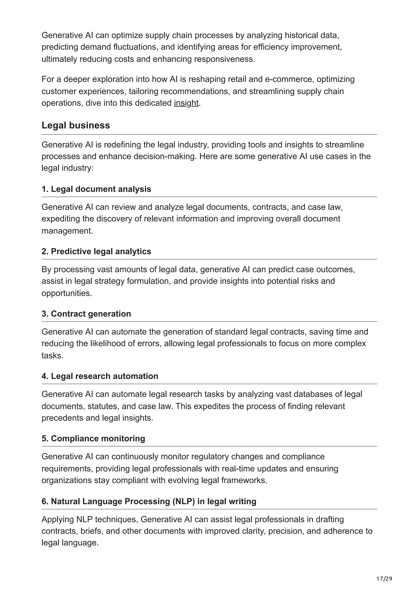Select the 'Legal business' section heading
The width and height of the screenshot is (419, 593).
pos(76,125)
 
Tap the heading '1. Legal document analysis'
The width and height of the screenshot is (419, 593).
pos(96,189)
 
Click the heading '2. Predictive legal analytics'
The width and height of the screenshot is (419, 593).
pos(96,251)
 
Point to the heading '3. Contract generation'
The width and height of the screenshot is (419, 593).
pos(86,314)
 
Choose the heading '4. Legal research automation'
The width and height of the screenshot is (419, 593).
pos(100,376)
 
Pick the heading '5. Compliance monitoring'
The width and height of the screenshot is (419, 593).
pos(93,439)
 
